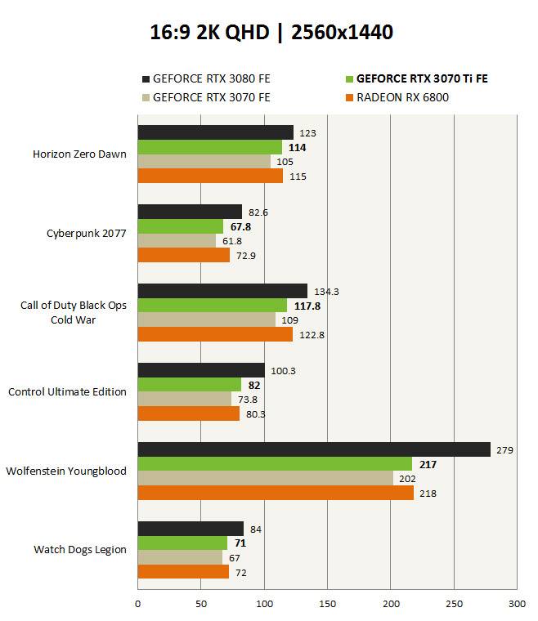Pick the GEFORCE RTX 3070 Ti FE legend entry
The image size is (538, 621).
(x=421, y=79)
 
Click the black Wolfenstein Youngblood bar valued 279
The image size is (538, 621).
(x=314, y=449)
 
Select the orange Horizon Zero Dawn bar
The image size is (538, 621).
(x=210, y=176)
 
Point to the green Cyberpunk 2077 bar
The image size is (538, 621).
(x=180, y=226)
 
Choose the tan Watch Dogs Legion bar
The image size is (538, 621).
(x=180, y=557)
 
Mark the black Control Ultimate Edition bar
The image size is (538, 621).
(x=201, y=370)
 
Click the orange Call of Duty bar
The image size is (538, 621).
(x=215, y=334)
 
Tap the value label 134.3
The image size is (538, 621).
(x=326, y=292)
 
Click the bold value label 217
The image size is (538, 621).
(x=427, y=465)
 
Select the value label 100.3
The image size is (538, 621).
(x=283, y=371)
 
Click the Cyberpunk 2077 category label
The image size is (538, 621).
(x=86, y=233)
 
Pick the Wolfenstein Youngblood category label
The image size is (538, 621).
(x=66, y=471)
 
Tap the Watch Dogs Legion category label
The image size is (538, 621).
(x=80, y=549)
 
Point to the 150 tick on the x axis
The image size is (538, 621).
(x=327, y=605)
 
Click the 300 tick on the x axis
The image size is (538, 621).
(x=516, y=605)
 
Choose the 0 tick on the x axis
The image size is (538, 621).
(x=137, y=605)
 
